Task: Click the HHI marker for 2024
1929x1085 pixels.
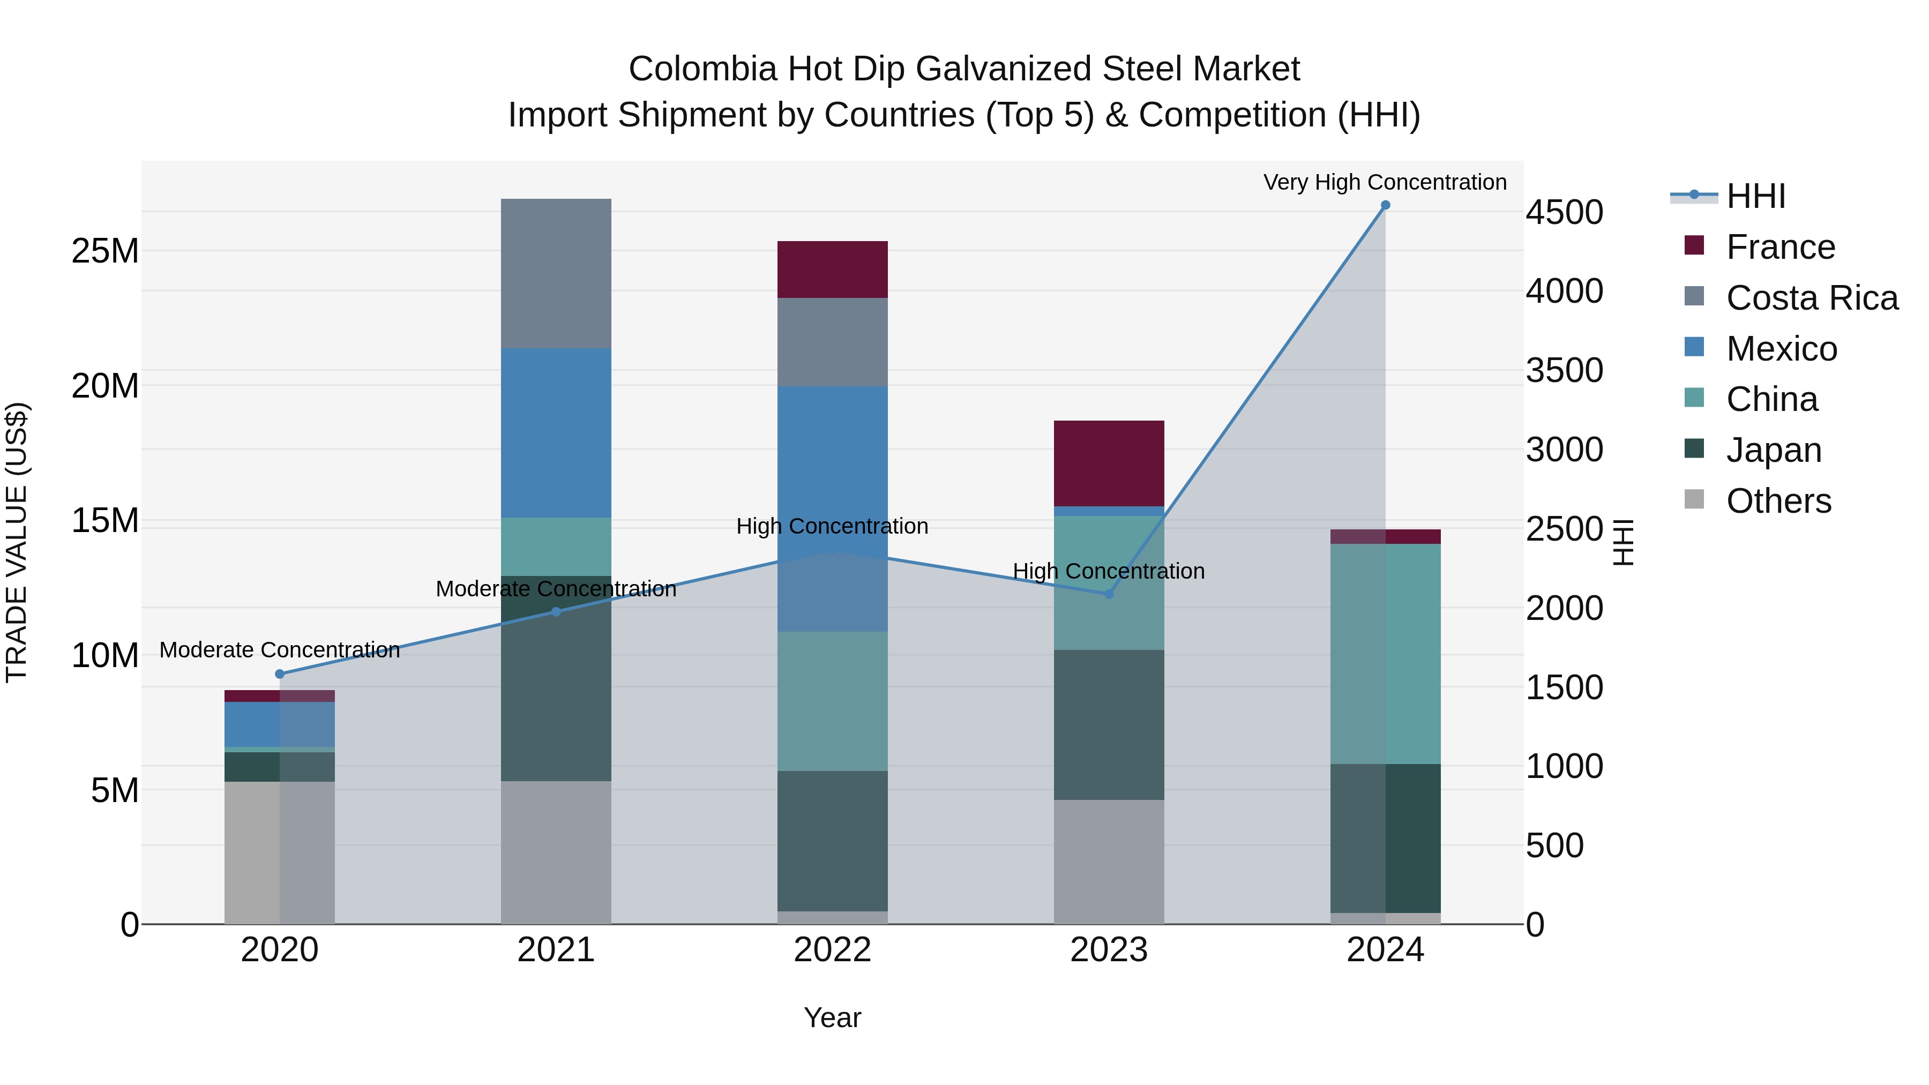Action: tap(1385, 205)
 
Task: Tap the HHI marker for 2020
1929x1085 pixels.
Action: tap(280, 674)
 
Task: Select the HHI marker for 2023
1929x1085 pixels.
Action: tap(1109, 594)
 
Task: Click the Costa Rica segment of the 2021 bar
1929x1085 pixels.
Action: tap(556, 273)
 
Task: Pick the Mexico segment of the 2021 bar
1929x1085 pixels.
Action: tap(556, 433)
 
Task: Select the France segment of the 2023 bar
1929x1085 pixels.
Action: tap(1109, 463)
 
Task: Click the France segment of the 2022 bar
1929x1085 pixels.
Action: tap(832, 270)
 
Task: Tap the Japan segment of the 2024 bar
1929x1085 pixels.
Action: tap(1385, 838)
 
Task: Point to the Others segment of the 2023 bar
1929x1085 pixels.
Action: tap(1109, 861)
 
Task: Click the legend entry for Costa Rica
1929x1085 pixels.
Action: tap(1812, 298)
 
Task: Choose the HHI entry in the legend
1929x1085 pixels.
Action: tap(1755, 196)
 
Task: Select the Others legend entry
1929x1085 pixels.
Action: tap(1778, 501)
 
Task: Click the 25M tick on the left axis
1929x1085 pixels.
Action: tap(105, 251)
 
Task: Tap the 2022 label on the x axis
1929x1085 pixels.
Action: tap(832, 950)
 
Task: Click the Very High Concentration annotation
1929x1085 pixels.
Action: tap(1385, 182)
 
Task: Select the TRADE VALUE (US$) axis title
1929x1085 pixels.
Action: tap(17, 542)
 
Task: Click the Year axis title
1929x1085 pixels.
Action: tap(832, 1017)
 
